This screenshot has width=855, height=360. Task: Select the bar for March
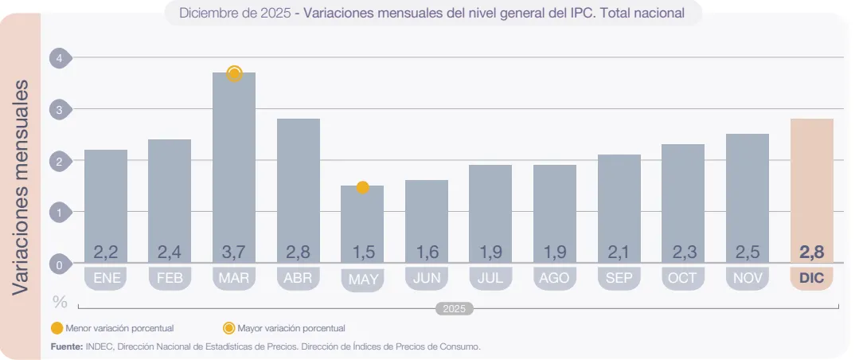click(234, 167)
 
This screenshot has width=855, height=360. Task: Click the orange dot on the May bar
click(362, 188)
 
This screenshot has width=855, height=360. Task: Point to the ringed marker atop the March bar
click(234, 74)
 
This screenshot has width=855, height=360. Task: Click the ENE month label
click(106, 279)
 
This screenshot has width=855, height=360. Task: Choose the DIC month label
click(811, 279)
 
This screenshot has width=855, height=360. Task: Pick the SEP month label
click(619, 279)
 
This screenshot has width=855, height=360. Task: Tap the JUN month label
click(426, 279)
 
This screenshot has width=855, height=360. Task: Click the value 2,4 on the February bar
click(170, 252)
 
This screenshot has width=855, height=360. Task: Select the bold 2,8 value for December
click(811, 252)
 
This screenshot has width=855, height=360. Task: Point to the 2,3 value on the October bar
click(683, 252)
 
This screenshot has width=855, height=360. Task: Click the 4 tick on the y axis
click(59, 58)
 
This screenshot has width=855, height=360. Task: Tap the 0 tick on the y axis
click(59, 264)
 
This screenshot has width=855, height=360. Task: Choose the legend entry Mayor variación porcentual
click(291, 328)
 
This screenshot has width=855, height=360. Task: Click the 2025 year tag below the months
click(455, 308)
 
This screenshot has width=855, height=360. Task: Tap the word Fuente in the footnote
click(66, 346)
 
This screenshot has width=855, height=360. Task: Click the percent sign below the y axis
click(60, 302)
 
